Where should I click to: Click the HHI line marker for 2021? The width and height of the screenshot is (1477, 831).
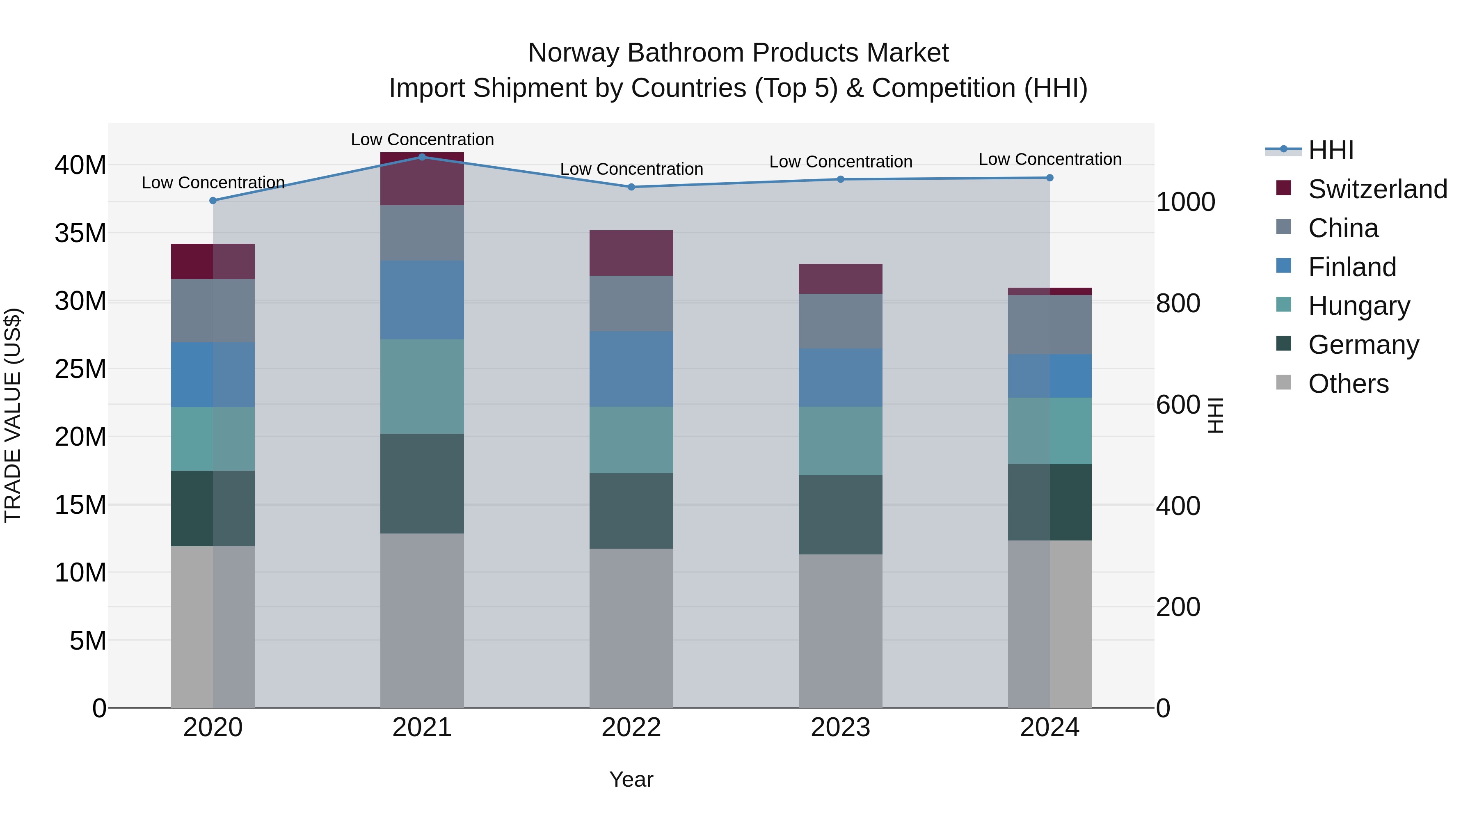click(x=422, y=157)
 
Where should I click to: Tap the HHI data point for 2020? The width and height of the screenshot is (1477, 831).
click(x=213, y=201)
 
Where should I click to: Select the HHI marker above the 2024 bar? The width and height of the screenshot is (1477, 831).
click(x=1050, y=178)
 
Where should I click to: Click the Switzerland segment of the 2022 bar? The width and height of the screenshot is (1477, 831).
click(x=631, y=253)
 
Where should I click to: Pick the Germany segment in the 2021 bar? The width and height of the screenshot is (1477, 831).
click(x=422, y=483)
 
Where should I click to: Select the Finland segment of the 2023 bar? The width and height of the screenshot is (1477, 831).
click(x=841, y=378)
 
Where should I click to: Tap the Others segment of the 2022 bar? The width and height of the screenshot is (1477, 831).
click(x=631, y=628)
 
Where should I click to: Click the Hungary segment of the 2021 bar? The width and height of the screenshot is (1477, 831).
click(x=422, y=387)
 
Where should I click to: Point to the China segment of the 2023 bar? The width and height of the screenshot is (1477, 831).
click(x=841, y=321)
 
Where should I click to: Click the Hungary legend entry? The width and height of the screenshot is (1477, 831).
click(x=1358, y=306)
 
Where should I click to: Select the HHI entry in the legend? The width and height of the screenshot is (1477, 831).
click(x=1330, y=150)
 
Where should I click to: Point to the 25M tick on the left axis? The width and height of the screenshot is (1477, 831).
click(x=80, y=369)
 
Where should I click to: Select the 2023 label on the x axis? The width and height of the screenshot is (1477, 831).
click(x=841, y=728)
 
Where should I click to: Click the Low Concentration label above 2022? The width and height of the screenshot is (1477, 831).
click(x=631, y=169)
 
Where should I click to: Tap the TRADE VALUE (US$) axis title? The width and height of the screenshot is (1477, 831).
click(x=13, y=415)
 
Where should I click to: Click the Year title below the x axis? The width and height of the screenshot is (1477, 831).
click(x=631, y=779)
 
